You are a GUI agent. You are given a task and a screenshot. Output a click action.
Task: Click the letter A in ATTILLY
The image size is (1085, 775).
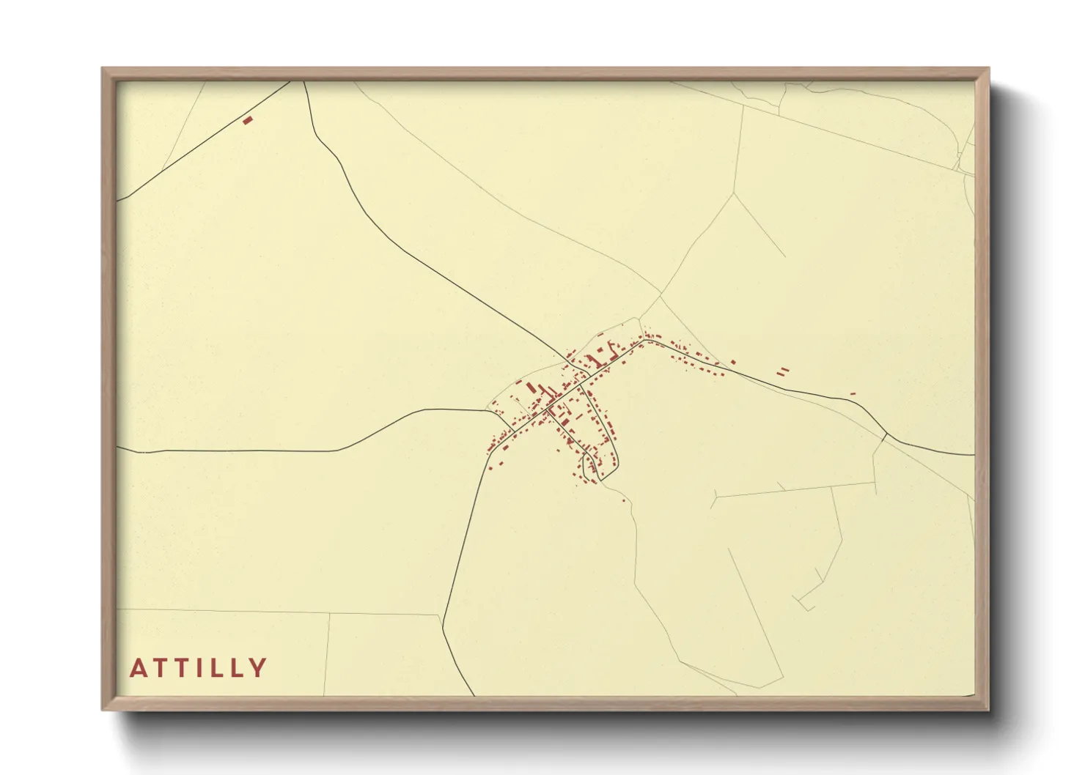click(x=138, y=668)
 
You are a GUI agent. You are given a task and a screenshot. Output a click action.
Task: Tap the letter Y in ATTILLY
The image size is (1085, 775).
click(x=257, y=668)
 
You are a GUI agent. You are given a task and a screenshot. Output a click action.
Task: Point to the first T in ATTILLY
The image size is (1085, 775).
click(x=161, y=668)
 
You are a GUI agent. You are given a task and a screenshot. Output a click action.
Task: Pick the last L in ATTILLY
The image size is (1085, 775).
click(x=235, y=668)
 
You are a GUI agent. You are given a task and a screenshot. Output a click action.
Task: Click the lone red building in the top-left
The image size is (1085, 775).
click(x=248, y=120)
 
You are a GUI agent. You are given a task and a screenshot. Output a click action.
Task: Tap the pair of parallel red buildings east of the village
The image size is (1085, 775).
click(x=783, y=371)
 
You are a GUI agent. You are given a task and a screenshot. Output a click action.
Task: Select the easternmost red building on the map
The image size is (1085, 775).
click(x=853, y=393)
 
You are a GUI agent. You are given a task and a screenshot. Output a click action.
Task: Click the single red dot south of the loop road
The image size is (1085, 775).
click(x=623, y=501)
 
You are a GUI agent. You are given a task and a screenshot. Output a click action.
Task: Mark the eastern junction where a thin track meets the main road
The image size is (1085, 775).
click(x=887, y=434)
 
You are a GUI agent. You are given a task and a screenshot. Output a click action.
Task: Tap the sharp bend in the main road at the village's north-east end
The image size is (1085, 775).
click(x=644, y=340)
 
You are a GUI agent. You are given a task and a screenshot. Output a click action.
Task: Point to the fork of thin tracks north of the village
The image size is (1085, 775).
click(x=661, y=296)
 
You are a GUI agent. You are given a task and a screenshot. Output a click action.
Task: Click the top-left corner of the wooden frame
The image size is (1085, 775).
click(x=103, y=69)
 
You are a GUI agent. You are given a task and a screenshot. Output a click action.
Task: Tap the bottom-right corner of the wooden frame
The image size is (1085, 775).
click(x=988, y=709)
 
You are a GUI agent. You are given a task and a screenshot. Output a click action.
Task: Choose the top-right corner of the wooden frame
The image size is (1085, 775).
click(x=988, y=69)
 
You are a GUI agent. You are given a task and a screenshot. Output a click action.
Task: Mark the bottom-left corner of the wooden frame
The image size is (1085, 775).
click(x=103, y=709)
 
